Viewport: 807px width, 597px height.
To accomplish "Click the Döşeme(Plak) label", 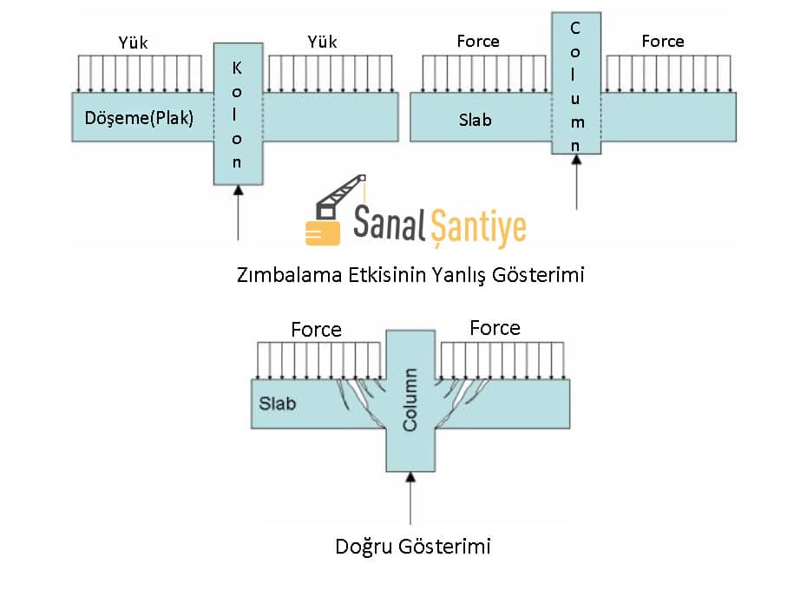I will pyautogui.click(x=139, y=118).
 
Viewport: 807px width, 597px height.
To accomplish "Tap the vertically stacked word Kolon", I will pyautogui.click(x=237, y=114).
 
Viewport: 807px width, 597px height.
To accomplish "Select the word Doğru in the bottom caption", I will pyautogui.click(x=364, y=547).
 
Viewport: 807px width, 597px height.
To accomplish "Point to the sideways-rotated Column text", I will pyautogui.click(x=410, y=400).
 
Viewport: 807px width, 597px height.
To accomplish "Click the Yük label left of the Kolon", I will pyautogui.click(x=134, y=42).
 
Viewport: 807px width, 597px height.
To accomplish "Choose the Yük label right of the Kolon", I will pyautogui.click(x=322, y=42).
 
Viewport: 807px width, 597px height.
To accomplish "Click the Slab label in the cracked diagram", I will pyautogui.click(x=278, y=403).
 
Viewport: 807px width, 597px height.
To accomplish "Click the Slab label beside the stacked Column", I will pyautogui.click(x=475, y=120).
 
